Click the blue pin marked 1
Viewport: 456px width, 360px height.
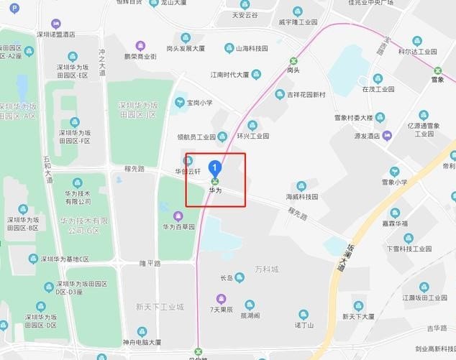pyautogui.click(x=214, y=168)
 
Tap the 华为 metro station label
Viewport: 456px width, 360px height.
pyautogui.click(x=214, y=191)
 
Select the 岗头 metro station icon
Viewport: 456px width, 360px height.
pyautogui.click(x=293, y=60)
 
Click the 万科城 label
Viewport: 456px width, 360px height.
pyautogui.click(x=266, y=269)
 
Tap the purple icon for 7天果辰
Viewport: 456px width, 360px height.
pyautogui.click(x=221, y=298)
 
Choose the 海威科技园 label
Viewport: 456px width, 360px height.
pyautogui.click(x=302, y=196)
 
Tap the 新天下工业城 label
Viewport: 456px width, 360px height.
pyautogui.click(x=160, y=307)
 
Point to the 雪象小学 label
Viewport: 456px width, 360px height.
pyautogui.click(x=394, y=183)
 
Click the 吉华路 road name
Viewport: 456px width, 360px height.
pyautogui.click(x=437, y=328)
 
